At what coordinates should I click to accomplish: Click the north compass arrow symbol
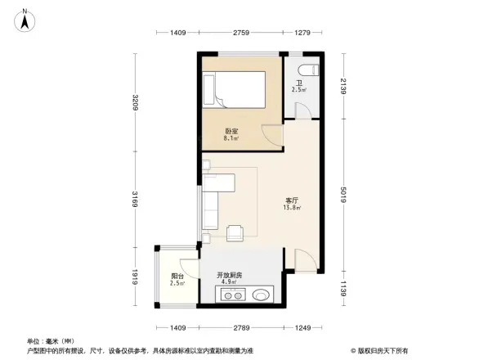25,20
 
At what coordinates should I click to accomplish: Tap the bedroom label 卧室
232,131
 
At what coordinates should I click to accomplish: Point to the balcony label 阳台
177,276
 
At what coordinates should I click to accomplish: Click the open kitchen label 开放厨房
229,275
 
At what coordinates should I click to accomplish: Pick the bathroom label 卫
299,83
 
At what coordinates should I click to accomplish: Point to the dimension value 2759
240,32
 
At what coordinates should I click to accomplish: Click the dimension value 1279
303,32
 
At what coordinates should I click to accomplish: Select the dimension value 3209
137,103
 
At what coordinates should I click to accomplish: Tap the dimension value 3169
137,199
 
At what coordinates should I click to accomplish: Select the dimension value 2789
239,327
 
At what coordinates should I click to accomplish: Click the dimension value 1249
303,327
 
